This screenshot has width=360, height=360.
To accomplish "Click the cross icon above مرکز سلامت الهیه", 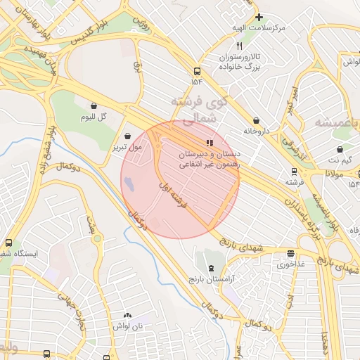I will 259,16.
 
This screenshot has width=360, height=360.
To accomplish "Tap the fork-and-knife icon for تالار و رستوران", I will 239,46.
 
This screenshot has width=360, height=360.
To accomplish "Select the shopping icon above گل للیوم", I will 94,105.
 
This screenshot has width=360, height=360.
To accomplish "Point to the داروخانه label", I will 257,130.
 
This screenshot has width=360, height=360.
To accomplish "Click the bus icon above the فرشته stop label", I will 294,171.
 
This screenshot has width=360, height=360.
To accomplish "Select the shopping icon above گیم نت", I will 340,149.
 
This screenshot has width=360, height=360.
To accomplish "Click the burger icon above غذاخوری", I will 290,254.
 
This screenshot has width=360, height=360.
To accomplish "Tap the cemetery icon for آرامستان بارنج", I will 212,269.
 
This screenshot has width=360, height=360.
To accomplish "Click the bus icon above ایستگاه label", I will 8,242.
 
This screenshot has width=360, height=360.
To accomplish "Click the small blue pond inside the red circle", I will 130,184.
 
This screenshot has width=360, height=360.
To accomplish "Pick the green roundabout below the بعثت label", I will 96,239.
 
